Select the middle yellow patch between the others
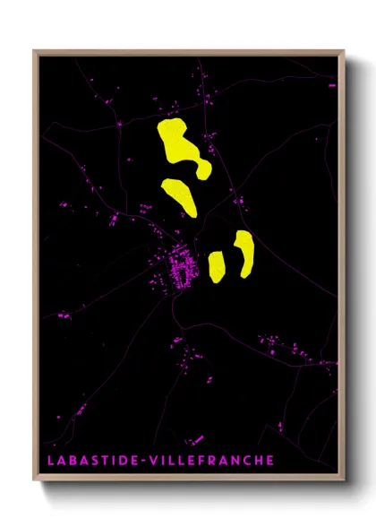point(180,195)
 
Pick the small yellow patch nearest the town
point(216,265)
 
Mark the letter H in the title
point(255,460)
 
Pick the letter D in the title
point(119,460)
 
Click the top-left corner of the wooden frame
point(35,51)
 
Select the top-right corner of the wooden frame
point(344,51)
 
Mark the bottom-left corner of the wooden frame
point(35,481)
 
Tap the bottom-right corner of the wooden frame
point(344,481)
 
